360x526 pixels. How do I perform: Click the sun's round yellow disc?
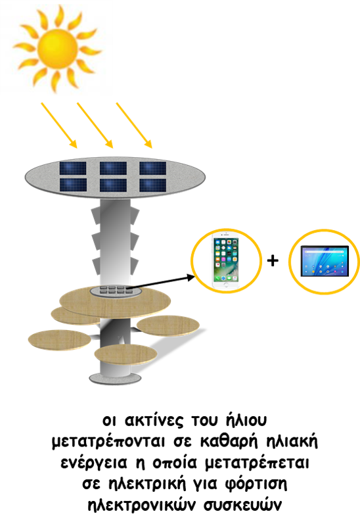(57, 49)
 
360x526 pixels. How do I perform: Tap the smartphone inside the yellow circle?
(225, 262)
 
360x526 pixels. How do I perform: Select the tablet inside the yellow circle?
(325, 261)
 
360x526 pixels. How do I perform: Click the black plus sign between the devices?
(273, 260)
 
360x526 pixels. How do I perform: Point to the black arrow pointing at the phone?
(160, 282)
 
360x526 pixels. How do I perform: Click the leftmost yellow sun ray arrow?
(59, 125)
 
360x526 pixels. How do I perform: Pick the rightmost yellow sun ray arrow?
(134, 125)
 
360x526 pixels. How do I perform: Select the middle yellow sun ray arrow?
(95, 125)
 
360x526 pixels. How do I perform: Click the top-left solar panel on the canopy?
(73, 168)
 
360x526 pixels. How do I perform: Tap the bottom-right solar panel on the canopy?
(153, 185)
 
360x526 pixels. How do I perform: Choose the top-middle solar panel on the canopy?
(113, 168)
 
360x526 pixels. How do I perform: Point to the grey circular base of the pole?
(115, 379)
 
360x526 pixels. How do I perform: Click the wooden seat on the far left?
(59, 339)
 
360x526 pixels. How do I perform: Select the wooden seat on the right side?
(168, 325)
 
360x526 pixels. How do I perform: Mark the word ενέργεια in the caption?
(94, 464)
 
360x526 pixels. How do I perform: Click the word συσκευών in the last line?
(242, 504)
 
